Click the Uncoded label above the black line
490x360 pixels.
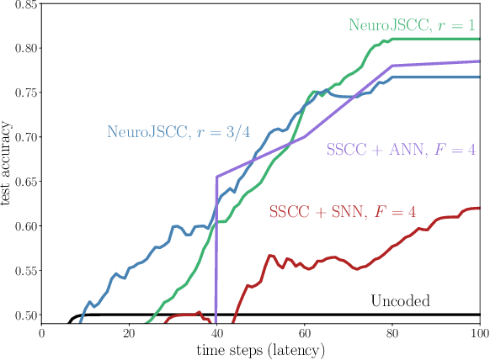pyautogui.click(x=401, y=299)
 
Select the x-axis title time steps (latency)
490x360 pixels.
pyautogui.click(x=262, y=349)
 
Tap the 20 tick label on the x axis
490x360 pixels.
pyautogui.click(x=130, y=333)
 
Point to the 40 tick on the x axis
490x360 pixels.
pyautogui.click(x=217, y=333)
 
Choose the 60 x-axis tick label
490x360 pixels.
pyautogui.click(x=305, y=333)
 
